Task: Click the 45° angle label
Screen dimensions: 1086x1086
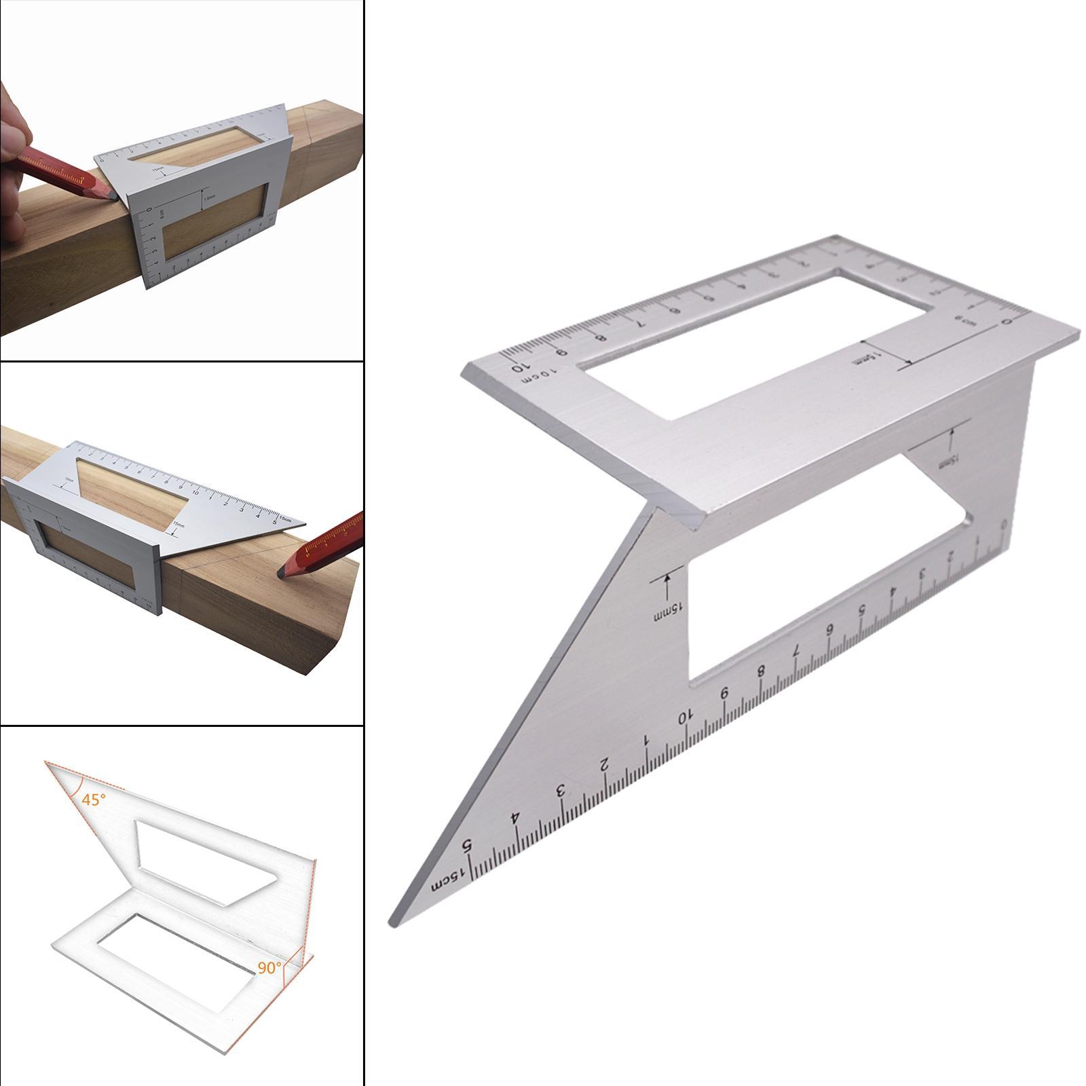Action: coord(94,800)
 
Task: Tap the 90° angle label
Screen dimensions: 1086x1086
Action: coord(269,968)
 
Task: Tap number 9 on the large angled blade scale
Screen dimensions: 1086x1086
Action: coord(724,694)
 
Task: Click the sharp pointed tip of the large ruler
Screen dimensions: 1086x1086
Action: coord(393,923)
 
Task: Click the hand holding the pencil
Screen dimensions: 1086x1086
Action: coord(14,170)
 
